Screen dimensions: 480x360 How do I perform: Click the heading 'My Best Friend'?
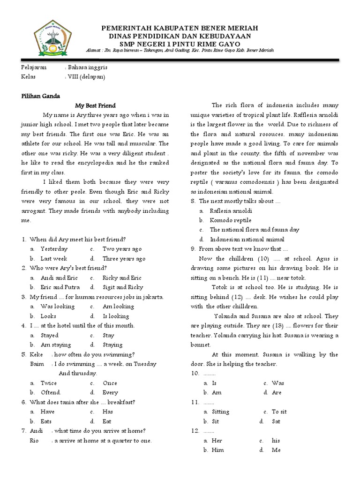pyautogui.click(x=95, y=105)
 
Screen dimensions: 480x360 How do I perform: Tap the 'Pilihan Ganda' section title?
pyautogui.click(x=40, y=96)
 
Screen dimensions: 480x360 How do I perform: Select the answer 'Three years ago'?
pyautogui.click(x=124, y=258)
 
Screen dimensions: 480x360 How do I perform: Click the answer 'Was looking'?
pyautogui.click(x=57, y=306)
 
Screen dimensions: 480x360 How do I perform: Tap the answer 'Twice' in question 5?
pyautogui.click(x=48, y=383)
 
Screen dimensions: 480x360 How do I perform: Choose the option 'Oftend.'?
pyautogui.click(x=51, y=392)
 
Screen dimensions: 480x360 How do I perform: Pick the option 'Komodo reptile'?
pyautogui.click(x=230, y=220)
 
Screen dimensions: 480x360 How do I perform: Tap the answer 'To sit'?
pyautogui.click(x=279, y=412)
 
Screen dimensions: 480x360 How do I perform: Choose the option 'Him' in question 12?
pyautogui.click(x=218, y=450)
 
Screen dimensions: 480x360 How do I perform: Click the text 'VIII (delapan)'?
pyautogui.click(x=87, y=76)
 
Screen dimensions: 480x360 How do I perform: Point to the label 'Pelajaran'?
pyautogui.click(x=34, y=67)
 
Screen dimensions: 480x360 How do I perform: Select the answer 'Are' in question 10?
pyautogui.click(x=277, y=392)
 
